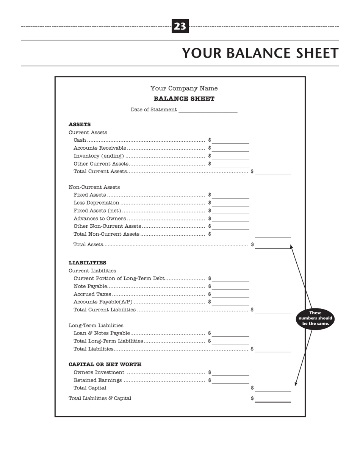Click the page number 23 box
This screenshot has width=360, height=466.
pyautogui.click(x=180, y=26)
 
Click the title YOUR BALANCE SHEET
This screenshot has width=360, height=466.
pyautogui.click(x=260, y=53)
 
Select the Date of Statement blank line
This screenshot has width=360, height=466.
pyautogui.click(x=208, y=110)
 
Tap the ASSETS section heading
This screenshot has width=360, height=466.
pyautogui.click(x=80, y=124)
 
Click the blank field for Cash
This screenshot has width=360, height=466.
pyautogui.click(x=230, y=141)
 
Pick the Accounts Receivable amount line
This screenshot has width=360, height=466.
pyautogui.click(x=230, y=149)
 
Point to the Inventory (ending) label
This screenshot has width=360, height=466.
pyautogui.click(x=99, y=156)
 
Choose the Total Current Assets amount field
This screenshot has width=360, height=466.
pyautogui.click(x=273, y=172)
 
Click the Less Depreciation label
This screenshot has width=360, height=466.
pyautogui.click(x=96, y=203)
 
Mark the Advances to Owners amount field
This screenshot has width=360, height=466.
pyautogui.click(x=230, y=219)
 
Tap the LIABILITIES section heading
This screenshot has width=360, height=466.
pyautogui.click(x=87, y=263)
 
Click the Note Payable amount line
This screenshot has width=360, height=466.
pyautogui.click(x=230, y=287)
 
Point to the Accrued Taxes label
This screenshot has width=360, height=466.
pyautogui.click(x=92, y=294)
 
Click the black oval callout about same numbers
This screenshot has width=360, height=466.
pyautogui.click(x=315, y=319)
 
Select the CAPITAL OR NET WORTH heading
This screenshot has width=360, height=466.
pyautogui.click(x=105, y=364)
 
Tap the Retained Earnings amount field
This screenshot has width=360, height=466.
pyautogui.click(x=230, y=381)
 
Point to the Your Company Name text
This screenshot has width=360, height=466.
pyautogui.click(x=184, y=88)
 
